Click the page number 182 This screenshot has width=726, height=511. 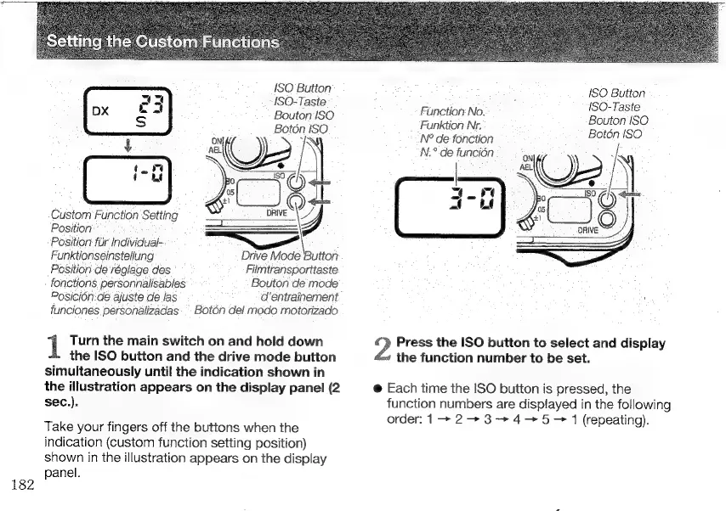[19, 485]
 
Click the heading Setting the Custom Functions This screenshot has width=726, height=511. [164, 42]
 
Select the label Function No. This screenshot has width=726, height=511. [453, 110]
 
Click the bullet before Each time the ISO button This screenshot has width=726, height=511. [376, 388]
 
